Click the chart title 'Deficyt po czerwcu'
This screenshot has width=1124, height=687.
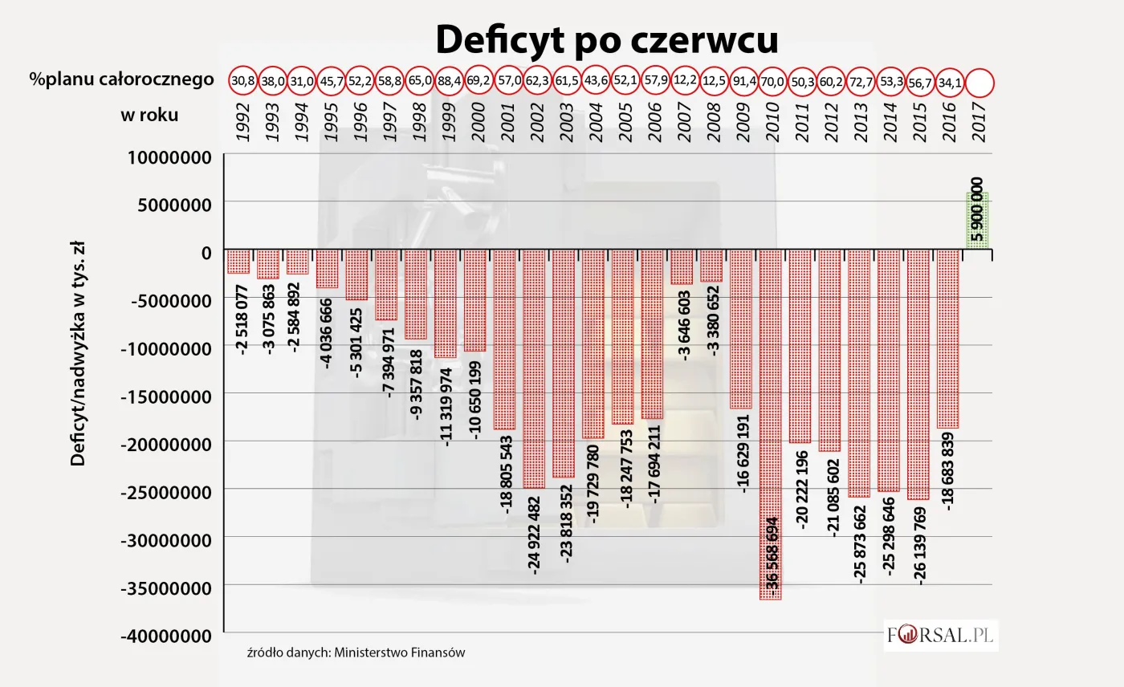[606, 39]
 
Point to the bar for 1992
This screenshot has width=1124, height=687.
[238, 262]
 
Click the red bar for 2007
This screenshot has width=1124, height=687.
[682, 266]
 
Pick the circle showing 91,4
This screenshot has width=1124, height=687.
[741, 81]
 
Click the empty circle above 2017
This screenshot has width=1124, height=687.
[979, 81]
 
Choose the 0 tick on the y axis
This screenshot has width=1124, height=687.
[206, 252]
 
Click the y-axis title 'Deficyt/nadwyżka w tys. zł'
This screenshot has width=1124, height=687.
[78, 356]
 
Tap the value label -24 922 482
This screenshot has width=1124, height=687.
[534, 535]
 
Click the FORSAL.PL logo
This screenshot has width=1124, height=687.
[940, 636]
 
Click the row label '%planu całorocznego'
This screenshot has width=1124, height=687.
[122, 79]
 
